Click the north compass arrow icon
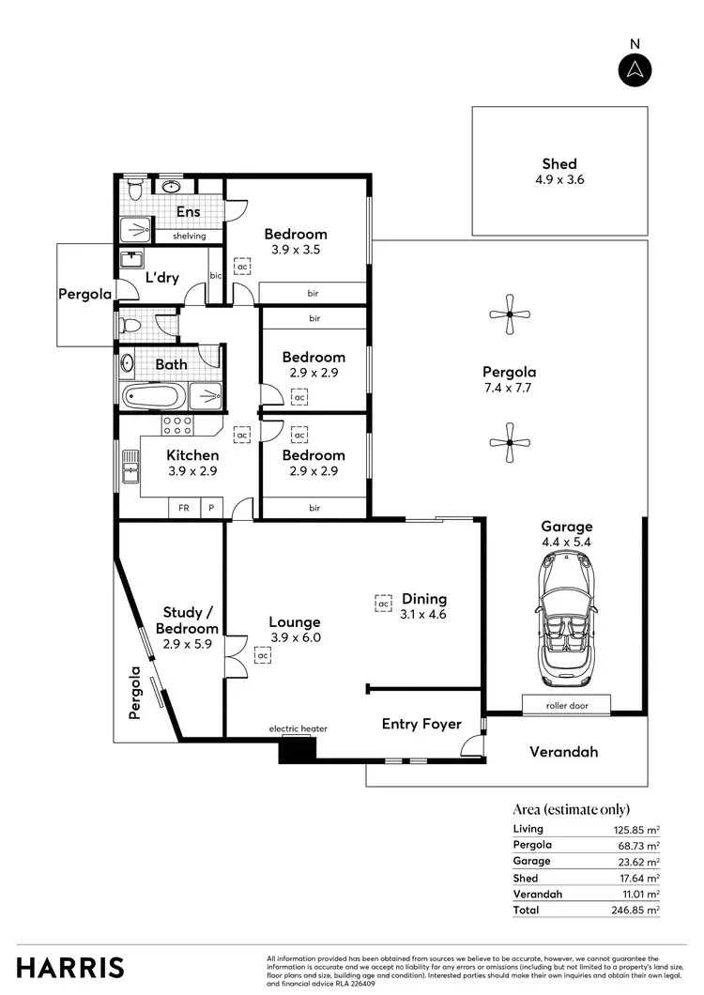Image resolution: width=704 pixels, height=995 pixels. coord(635,69)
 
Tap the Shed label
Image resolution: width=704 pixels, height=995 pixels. coord(559,163)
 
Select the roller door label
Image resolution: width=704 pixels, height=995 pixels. coord(566,705)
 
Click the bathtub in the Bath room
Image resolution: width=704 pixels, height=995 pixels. coord(154,396)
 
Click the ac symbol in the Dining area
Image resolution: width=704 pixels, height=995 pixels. coord(383,604)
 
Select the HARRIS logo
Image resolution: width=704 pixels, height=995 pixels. coord(70,967)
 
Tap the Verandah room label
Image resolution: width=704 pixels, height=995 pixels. coord(563,752)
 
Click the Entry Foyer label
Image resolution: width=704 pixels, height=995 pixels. coord(421,724)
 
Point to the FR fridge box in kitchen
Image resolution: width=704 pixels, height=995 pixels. coord(183,508)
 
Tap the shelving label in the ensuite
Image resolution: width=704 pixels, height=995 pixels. coord(189,236)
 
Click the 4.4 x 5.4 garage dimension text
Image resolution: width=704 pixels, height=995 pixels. coord(566,542)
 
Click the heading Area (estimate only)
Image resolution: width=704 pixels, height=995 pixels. coord(571,809)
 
